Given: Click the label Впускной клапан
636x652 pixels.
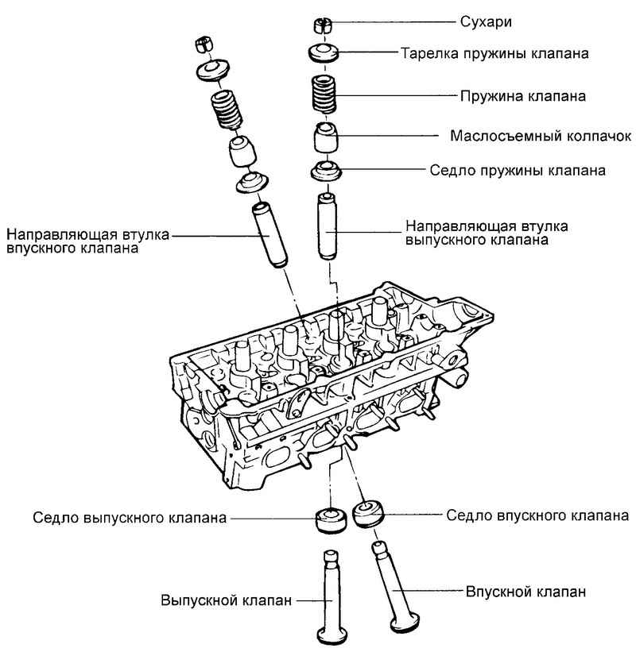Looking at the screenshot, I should (x=525, y=592).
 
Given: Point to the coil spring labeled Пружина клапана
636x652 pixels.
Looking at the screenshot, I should (x=326, y=95).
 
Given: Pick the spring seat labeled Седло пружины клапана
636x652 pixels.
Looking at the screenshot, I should (x=325, y=171).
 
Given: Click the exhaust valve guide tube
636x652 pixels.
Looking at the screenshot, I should (x=327, y=226).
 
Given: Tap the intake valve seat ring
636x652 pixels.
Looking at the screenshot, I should (x=370, y=513).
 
